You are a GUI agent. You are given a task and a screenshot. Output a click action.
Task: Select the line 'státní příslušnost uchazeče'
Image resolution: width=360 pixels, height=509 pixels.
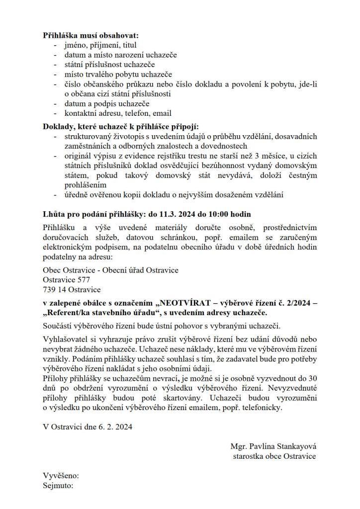coord(109,65)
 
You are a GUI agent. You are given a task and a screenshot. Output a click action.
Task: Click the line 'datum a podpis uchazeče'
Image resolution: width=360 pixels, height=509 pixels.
coord(107,103)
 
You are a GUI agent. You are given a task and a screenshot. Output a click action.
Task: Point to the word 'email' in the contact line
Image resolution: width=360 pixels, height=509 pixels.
coord(162,113)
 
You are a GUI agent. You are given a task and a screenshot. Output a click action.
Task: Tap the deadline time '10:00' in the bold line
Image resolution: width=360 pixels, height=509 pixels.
coord(219,214)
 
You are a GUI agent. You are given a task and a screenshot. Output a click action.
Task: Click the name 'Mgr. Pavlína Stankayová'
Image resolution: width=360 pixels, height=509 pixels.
coord(273,446)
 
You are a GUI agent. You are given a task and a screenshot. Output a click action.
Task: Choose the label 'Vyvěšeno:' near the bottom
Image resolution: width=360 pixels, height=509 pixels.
coord(61,476)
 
